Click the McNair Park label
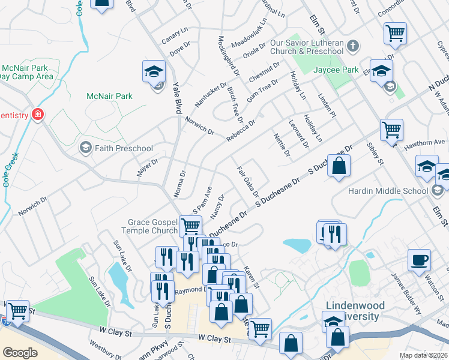[x=109, y=96]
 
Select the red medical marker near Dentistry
[x=37, y=114]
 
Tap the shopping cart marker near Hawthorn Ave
[x=391, y=129]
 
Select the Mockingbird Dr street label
[x=228, y=53]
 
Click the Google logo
[x=20, y=352]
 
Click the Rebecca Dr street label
[x=241, y=131]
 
